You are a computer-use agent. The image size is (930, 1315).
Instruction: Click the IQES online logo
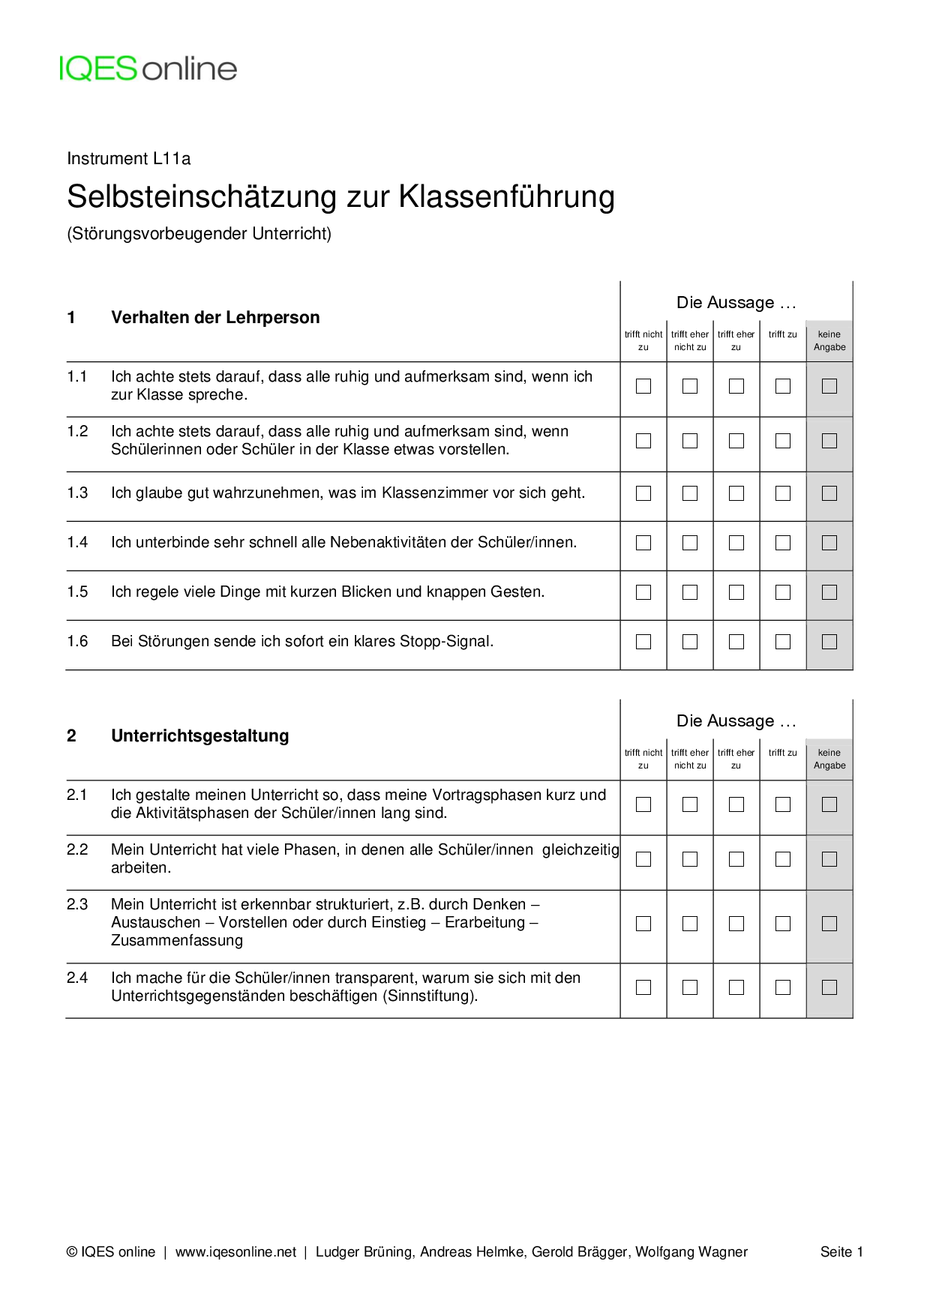148,69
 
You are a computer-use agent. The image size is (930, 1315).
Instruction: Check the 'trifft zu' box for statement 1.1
783,386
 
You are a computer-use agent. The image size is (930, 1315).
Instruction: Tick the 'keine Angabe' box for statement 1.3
829,493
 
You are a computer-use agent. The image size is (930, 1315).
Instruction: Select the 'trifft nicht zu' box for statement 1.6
643,642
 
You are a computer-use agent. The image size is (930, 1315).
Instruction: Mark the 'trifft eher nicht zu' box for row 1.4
690,543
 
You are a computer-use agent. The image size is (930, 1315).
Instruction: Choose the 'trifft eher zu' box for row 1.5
736,592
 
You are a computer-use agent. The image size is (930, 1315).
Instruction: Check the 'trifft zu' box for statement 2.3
783,924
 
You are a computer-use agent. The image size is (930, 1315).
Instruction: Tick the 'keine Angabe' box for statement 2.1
829,804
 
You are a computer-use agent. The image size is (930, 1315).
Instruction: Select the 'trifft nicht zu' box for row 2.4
643,987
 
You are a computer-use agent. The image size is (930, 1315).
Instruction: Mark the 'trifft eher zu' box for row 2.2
736,859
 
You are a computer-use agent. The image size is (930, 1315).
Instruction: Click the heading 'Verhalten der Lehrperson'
215,318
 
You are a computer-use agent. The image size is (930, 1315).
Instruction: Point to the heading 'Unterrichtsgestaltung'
199,736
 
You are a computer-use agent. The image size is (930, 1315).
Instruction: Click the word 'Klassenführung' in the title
506,197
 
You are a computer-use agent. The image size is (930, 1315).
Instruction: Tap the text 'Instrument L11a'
129,159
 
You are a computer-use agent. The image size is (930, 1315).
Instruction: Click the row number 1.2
77,432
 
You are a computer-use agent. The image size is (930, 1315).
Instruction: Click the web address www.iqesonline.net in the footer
235,1252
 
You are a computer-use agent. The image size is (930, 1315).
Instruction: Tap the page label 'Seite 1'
841,1252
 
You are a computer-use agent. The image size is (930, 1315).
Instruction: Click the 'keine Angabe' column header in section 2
829,759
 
